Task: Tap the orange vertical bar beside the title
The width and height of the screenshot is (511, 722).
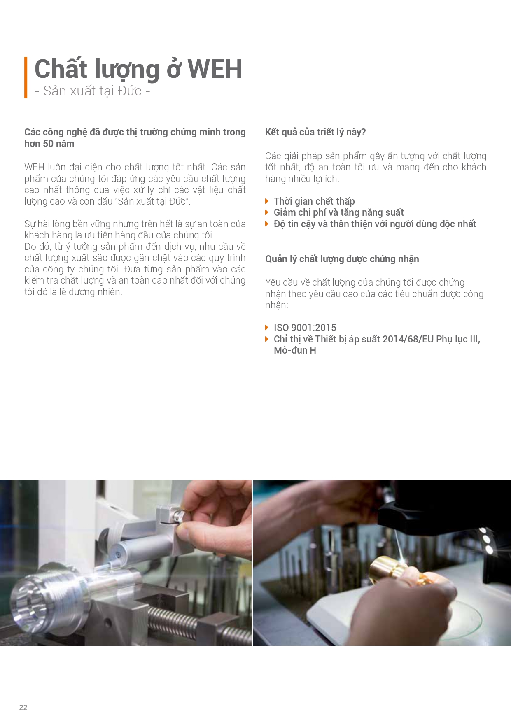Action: (x=26, y=77)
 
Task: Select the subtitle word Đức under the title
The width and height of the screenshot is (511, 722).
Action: (x=130, y=91)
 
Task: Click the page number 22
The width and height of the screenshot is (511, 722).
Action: (x=23, y=707)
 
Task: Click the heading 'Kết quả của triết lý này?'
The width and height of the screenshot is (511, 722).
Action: (x=315, y=132)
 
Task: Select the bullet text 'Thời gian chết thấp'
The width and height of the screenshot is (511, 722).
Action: (x=314, y=201)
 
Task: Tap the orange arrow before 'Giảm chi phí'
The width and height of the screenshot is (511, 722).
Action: (x=267, y=212)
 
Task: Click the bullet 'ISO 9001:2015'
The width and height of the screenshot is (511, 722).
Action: (x=305, y=328)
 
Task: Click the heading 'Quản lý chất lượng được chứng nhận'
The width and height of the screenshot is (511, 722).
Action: (x=342, y=259)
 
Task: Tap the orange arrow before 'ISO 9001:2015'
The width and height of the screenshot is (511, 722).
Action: (x=267, y=328)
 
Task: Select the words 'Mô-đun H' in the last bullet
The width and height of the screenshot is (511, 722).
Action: (x=295, y=350)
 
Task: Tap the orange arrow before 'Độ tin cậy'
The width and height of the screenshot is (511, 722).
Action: (x=267, y=224)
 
